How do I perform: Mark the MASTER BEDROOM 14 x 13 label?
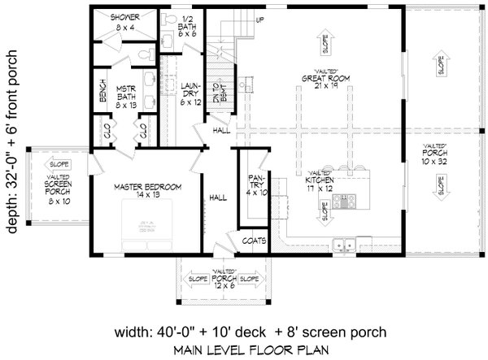(x=147, y=191)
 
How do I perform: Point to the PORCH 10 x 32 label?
(x=437, y=154)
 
